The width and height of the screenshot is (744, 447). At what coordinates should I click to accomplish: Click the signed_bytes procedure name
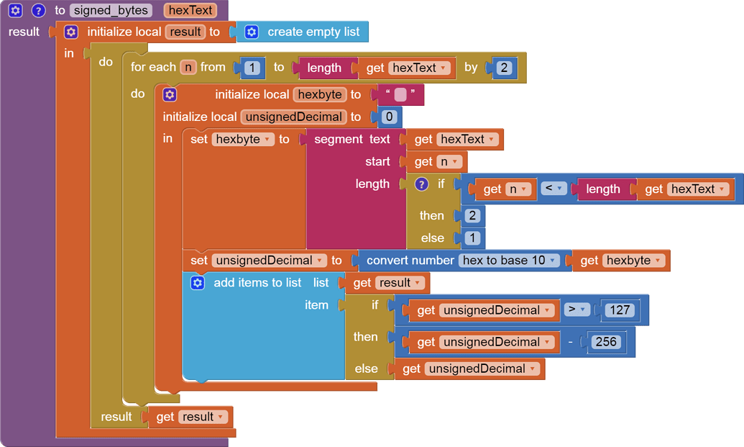click(x=111, y=11)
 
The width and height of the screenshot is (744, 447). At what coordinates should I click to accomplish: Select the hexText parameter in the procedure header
click(x=190, y=11)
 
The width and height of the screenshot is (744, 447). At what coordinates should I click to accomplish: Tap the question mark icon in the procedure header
click(x=39, y=11)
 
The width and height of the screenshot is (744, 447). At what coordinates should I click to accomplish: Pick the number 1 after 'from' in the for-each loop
click(x=252, y=68)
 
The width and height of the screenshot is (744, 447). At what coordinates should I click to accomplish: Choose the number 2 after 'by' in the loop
click(x=504, y=68)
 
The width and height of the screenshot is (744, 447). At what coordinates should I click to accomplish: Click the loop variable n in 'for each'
click(x=188, y=67)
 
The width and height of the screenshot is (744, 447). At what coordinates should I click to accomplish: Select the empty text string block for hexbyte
click(x=400, y=95)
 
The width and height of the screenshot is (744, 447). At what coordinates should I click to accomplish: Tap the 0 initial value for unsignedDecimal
click(x=389, y=117)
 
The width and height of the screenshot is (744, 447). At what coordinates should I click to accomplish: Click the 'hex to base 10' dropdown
click(x=510, y=261)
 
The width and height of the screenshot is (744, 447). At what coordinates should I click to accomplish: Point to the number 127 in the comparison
click(x=618, y=310)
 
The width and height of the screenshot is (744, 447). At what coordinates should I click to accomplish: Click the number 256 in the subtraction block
click(x=605, y=342)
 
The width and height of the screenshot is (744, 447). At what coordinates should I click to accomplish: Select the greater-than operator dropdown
click(x=576, y=310)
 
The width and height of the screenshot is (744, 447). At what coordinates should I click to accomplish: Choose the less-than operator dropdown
click(x=552, y=189)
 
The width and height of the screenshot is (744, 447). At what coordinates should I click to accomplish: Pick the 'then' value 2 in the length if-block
click(x=472, y=216)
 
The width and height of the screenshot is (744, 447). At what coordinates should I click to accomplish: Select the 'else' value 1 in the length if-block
click(x=472, y=238)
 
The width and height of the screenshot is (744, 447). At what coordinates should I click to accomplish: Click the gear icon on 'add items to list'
click(x=197, y=283)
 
